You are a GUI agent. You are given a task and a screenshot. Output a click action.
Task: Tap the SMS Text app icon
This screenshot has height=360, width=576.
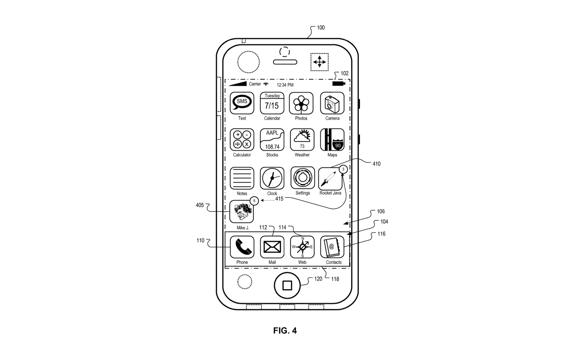coord(242,103)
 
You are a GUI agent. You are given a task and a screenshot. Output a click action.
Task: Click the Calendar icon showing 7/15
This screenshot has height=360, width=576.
coord(272,103)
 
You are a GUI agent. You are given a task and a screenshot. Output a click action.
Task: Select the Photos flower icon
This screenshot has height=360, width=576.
coord(301,103)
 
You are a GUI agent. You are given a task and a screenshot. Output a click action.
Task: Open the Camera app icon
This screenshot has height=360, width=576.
coord(332,103)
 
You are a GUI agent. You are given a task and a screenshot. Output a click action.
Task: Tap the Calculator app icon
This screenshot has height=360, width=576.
coord(242,140)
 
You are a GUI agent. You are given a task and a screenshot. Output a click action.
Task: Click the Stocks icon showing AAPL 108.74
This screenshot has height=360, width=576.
coord(272,140)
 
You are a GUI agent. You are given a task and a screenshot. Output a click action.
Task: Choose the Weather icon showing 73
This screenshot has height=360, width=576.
coord(302,140)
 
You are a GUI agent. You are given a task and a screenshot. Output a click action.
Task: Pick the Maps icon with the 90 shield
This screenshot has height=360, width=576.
coord(332,140)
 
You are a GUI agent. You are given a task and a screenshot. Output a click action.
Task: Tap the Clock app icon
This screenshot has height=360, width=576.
coord(272,178)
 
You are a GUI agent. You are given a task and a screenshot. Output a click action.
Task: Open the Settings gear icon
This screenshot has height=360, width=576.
coord(303,178)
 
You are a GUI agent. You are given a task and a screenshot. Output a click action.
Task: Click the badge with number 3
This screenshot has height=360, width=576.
coord(343,169)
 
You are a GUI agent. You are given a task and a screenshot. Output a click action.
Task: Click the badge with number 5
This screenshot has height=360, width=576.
coord(254,201)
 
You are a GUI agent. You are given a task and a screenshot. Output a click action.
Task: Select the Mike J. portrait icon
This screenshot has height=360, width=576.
coord(242,211)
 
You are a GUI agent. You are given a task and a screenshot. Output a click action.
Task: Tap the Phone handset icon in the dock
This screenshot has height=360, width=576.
coord(242,247)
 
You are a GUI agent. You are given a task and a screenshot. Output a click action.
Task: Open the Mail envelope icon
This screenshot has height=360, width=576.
coord(272,247)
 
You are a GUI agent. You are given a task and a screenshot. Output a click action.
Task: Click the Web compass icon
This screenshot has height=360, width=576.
coord(302,247)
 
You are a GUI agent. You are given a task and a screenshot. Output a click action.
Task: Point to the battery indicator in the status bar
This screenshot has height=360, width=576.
coord(339,84)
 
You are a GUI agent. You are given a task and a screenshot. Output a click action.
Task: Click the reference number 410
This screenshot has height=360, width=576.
coord(376,163)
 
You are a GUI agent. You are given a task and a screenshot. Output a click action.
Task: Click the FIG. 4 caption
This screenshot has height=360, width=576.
coord(285,330)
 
